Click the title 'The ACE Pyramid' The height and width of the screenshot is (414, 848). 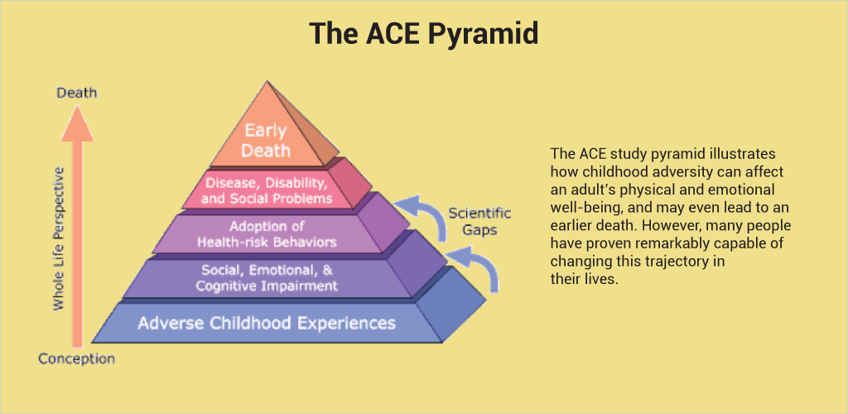click(424, 34)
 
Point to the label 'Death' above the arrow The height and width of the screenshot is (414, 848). click(77, 93)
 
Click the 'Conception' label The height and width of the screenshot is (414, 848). click(77, 359)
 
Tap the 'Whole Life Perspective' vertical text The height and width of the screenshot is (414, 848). click(58, 238)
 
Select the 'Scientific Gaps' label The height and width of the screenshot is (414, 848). click(479, 220)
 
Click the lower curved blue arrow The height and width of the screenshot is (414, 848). click(476, 267)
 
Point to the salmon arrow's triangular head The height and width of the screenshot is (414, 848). click(77, 123)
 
